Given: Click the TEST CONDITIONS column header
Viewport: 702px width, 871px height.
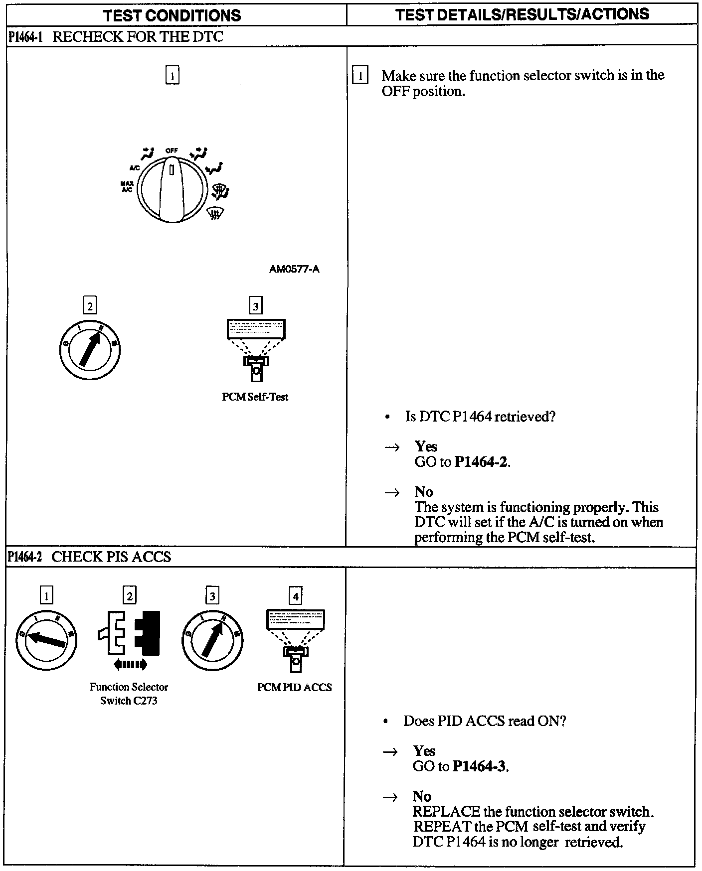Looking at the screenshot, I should click(172, 15).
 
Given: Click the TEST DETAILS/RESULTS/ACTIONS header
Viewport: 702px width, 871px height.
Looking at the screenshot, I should click(522, 14).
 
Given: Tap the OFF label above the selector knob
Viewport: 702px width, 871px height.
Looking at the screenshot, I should click(172, 150).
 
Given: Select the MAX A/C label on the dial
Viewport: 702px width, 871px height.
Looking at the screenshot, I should click(127, 187).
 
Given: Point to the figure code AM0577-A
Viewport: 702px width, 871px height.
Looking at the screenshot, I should click(294, 270).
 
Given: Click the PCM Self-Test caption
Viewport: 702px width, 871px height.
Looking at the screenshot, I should click(255, 397).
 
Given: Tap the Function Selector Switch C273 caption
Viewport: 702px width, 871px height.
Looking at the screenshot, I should click(129, 694).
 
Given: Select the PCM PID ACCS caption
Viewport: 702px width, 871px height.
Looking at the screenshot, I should click(294, 687).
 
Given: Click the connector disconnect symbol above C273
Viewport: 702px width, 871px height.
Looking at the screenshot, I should click(129, 632).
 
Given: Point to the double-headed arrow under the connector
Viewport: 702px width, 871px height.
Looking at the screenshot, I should click(130, 664).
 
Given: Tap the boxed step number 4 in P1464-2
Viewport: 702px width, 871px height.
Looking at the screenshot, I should click(296, 596).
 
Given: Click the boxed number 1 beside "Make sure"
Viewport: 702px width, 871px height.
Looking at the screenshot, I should click(360, 76).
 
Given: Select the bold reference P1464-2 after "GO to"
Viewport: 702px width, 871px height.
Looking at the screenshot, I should click(481, 462).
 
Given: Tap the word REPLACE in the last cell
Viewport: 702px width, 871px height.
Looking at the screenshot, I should click(446, 812).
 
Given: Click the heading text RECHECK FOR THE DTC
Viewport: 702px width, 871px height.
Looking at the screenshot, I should click(138, 37).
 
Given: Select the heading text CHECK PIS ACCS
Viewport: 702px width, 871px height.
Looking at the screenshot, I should click(111, 557).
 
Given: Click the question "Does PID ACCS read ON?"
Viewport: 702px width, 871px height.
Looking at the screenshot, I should click(484, 721).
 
